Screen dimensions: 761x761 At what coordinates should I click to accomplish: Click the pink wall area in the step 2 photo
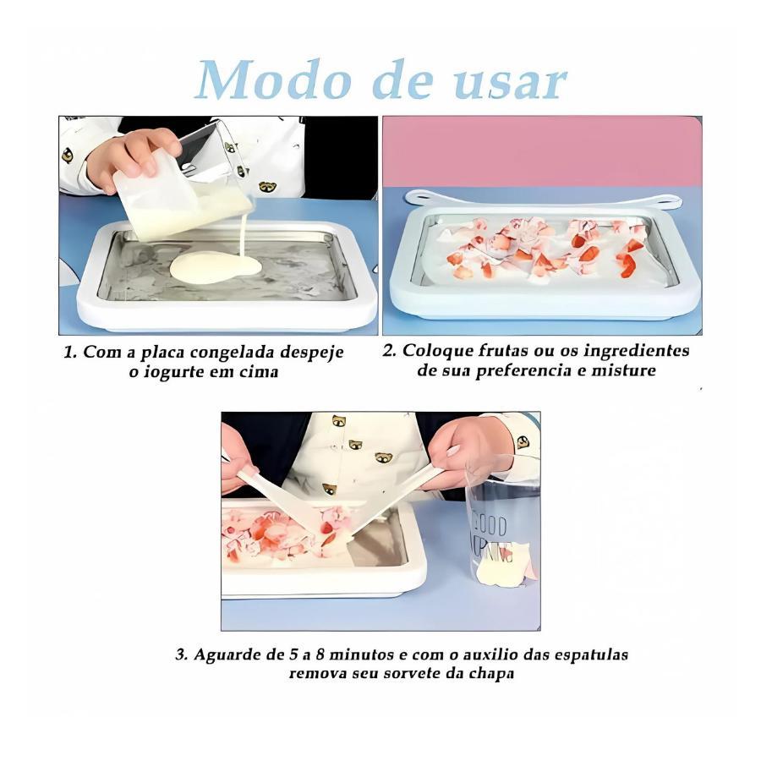[x=542, y=151]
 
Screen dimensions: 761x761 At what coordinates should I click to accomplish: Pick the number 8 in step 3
[x=320, y=654]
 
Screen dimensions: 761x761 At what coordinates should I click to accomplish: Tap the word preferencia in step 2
[x=524, y=371]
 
